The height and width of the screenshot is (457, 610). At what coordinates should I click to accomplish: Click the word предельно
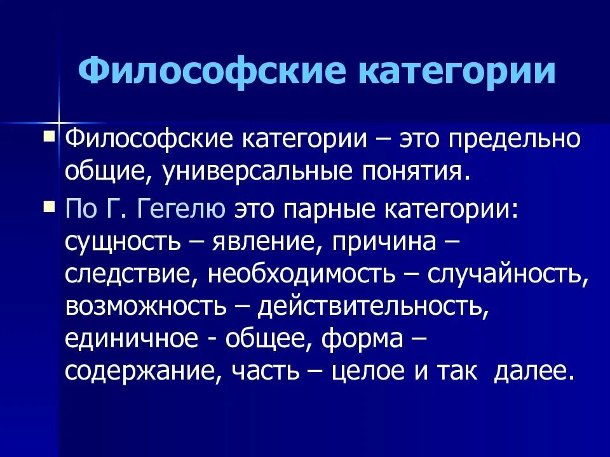coord(515,139)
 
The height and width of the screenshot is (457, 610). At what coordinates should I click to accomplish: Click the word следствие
coord(132,274)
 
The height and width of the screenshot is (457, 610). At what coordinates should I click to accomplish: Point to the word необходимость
coord(302,274)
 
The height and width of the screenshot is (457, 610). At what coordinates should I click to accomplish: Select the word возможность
coord(145,307)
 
